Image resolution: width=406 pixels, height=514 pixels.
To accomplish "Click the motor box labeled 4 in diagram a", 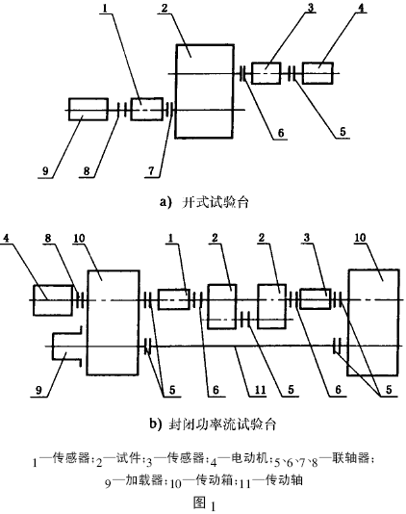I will pos(317,73).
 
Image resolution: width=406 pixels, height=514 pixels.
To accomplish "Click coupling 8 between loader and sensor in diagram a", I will pos(121,110).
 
